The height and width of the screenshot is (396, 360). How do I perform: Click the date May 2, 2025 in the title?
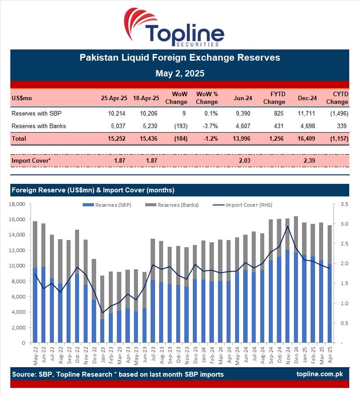[x=180, y=73]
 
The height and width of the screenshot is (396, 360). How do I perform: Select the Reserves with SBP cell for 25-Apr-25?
[x=118, y=113]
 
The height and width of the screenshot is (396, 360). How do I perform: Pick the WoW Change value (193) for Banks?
[x=179, y=126]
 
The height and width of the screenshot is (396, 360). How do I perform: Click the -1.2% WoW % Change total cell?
[x=209, y=138]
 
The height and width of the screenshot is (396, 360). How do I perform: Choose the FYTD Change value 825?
[x=278, y=113]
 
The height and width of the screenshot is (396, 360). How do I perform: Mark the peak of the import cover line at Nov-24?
[x=287, y=226]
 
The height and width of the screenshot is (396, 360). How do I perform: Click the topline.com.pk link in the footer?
[x=322, y=374]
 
